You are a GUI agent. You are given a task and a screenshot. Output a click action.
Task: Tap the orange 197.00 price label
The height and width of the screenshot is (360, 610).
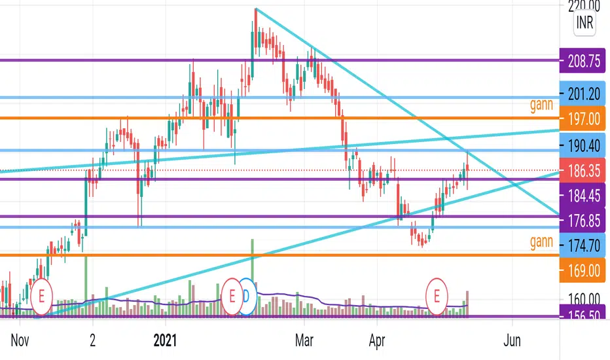coord(584,118)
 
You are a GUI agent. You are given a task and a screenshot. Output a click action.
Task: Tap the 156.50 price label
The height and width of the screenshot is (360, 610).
coord(584,314)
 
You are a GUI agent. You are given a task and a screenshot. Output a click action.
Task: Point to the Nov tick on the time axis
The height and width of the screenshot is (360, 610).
coord(20,340)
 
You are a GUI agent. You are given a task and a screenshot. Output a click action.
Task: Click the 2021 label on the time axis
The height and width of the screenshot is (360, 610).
coord(166,340)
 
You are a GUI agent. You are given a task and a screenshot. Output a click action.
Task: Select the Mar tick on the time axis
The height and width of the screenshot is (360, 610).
coord(303,340)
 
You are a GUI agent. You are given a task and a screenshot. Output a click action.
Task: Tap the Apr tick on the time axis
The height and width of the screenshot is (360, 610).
coord(376,340)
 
